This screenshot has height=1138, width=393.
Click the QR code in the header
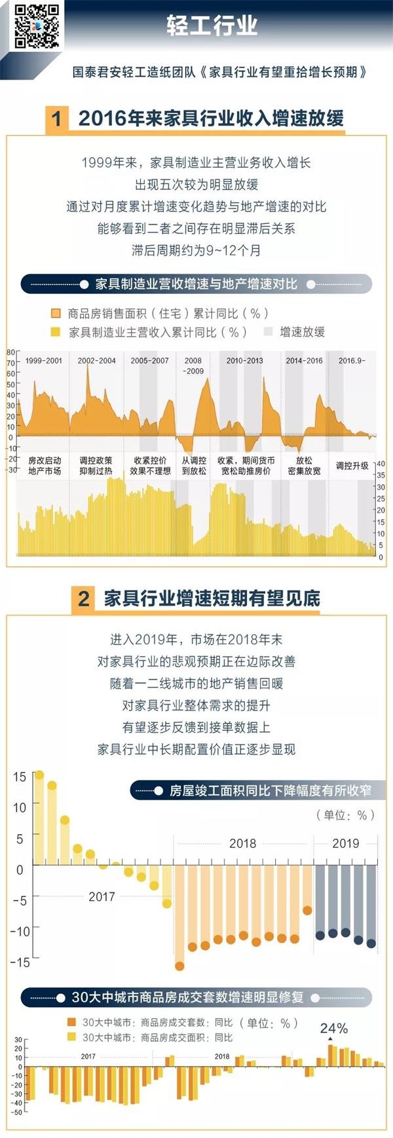click(x=36, y=26)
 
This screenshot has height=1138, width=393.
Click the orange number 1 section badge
click(x=57, y=119)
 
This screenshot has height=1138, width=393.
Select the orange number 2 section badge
click(x=83, y=598)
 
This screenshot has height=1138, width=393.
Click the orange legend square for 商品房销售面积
click(x=56, y=314)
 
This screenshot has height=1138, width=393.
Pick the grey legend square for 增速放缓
click(x=268, y=332)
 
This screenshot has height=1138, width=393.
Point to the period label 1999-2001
click(x=44, y=361)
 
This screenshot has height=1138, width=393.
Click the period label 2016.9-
click(x=352, y=361)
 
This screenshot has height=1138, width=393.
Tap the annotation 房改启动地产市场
click(x=45, y=466)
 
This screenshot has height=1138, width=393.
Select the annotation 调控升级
click(x=352, y=466)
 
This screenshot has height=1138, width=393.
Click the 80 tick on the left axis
click(x=10, y=353)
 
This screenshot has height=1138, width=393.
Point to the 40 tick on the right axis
click(x=381, y=464)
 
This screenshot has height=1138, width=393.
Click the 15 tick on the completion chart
click(x=20, y=777)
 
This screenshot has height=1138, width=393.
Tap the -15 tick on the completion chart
click(x=20, y=962)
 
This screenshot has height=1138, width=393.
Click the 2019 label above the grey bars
click(x=345, y=843)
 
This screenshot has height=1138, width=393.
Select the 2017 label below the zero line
click(x=102, y=897)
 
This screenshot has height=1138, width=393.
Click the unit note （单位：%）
click(x=345, y=815)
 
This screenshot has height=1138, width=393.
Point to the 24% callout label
click(x=333, y=1029)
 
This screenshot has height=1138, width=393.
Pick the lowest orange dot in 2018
click(x=179, y=966)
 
